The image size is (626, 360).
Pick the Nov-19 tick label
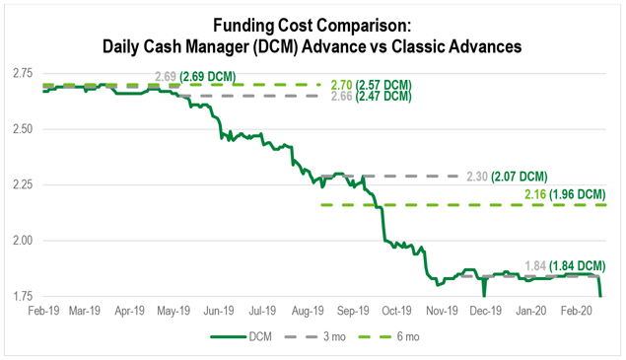pyautogui.click(x=444, y=311)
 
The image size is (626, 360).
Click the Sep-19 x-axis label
pyautogui.click(x=352, y=311)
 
